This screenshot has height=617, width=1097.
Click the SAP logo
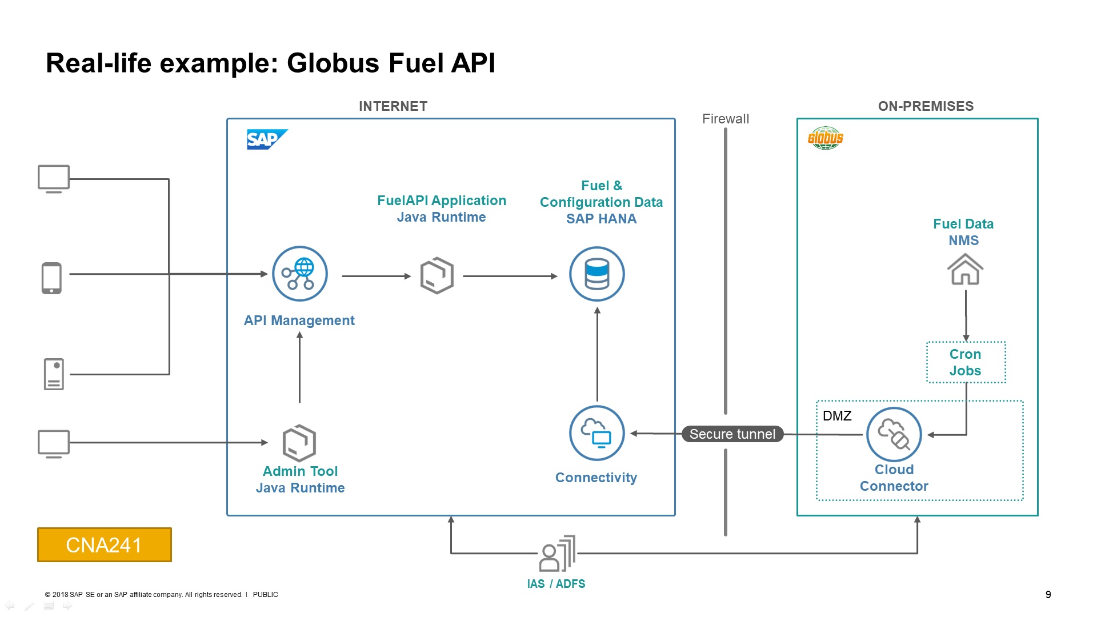pyautogui.click(x=267, y=139)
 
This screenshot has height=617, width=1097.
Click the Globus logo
pyautogui.click(x=826, y=138)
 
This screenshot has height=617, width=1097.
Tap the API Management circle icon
pyautogui.click(x=299, y=274)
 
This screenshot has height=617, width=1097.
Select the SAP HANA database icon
pyautogui.click(x=596, y=274)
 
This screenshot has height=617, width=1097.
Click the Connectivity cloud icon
pyautogui.click(x=596, y=433)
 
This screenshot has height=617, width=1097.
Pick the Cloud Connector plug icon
pyautogui.click(x=894, y=434)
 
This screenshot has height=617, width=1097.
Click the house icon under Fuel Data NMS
pyautogui.click(x=965, y=269)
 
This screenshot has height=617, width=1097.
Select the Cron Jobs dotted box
pyautogui.click(x=966, y=362)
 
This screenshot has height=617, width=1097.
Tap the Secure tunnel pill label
pyautogui.click(x=732, y=434)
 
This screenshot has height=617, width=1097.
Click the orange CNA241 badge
pyautogui.click(x=105, y=544)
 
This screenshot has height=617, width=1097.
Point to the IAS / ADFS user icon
pyautogui.click(x=557, y=554)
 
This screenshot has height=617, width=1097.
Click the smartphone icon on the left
pyautogui.click(x=51, y=278)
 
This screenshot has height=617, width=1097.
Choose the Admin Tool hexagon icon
pyautogui.click(x=299, y=443)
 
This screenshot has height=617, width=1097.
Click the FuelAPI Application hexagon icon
pyautogui.click(x=437, y=275)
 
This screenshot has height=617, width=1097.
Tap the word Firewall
pyautogui.click(x=725, y=119)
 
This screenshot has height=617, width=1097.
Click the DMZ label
pyautogui.click(x=837, y=416)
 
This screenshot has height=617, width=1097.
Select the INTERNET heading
pyautogui.click(x=393, y=106)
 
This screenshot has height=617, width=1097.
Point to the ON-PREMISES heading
pyautogui.click(x=926, y=106)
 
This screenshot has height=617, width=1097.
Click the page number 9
pyautogui.click(x=1048, y=595)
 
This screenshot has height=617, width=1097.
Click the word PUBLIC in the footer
pyautogui.click(x=265, y=595)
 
